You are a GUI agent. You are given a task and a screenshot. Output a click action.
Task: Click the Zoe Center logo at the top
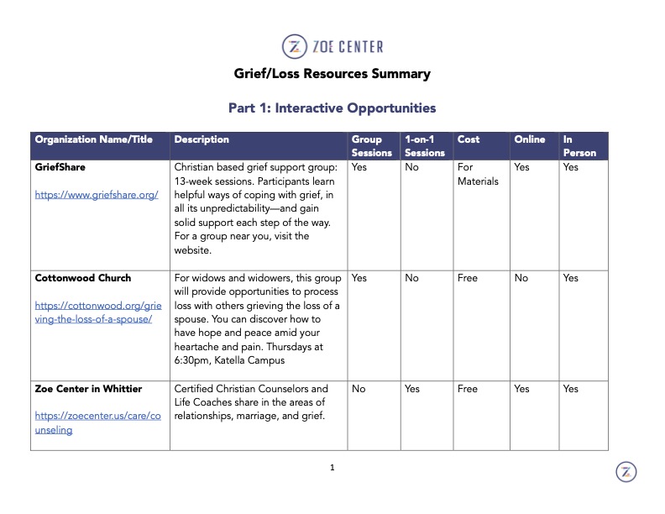(332, 45)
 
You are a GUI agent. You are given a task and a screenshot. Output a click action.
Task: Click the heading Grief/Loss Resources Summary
(332, 74)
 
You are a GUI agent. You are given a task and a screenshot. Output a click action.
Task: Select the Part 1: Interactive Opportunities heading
(332, 108)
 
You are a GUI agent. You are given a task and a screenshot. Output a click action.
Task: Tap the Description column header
(202, 140)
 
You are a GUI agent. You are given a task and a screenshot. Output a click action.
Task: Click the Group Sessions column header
(371, 146)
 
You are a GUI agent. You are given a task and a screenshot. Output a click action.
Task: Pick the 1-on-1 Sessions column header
(424, 146)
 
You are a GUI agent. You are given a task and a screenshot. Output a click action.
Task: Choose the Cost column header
(469, 140)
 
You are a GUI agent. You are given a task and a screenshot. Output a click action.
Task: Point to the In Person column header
(579, 146)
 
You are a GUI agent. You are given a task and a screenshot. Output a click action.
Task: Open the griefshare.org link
(97, 195)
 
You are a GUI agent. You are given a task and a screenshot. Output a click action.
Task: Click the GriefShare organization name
(60, 167)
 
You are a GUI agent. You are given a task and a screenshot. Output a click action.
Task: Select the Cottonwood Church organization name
(83, 278)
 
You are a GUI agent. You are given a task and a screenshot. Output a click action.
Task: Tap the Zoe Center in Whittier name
(88, 389)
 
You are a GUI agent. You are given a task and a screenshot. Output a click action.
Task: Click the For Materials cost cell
(478, 174)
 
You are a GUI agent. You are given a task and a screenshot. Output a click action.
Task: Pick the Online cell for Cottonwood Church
(521, 278)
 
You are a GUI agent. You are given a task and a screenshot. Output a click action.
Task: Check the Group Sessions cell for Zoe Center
(359, 389)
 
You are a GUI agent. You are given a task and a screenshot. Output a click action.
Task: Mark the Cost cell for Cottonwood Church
(468, 278)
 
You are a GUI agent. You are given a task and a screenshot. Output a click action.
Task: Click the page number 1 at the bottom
(332, 468)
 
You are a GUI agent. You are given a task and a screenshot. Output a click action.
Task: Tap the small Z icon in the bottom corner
(626, 472)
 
